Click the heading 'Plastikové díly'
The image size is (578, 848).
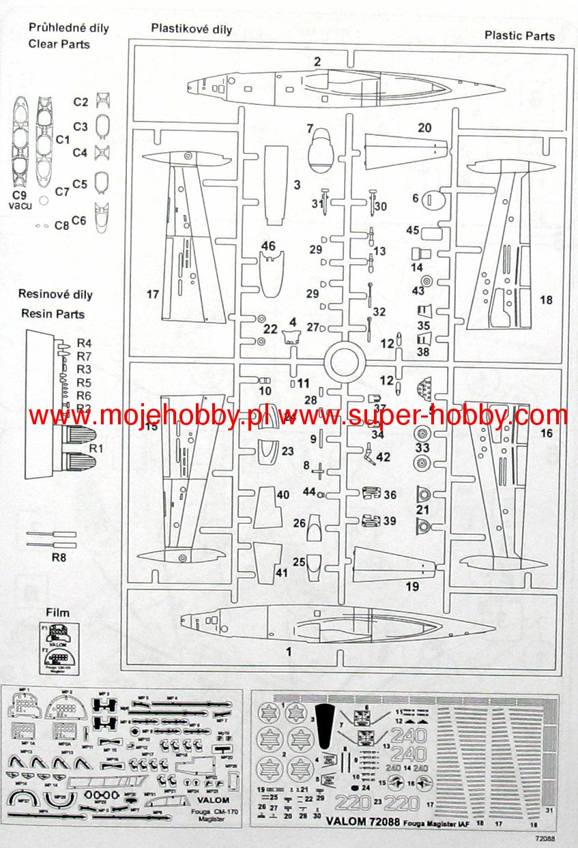pyautogui.click(x=192, y=29)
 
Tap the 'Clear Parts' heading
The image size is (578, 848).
pyautogui.click(x=59, y=44)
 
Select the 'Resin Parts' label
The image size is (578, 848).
pyautogui.click(x=53, y=314)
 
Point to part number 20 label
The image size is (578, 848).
pyautogui.click(x=424, y=128)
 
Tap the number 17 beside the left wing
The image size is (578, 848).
pyautogui.click(x=152, y=295)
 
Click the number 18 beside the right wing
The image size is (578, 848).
pyautogui.click(x=545, y=300)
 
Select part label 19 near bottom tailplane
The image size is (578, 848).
pyautogui.click(x=411, y=586)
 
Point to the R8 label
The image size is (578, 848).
pyautogui.click(x=60, y=557)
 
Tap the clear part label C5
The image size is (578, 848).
pyautogui.click(x=81, y=184)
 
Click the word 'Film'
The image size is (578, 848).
pyautogui.click(x=58, y=613)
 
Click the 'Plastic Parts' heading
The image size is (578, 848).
pyautogui.click(x=519, y=35)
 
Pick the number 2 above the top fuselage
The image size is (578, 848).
pyautogui.click(x=317, y=62)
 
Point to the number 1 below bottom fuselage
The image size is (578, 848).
pyautogui.click(x=289, y=652)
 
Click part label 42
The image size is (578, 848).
pyautogui.click(x=383, y=456)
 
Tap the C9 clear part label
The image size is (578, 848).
pyautogui.click(x=19, y=194)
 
